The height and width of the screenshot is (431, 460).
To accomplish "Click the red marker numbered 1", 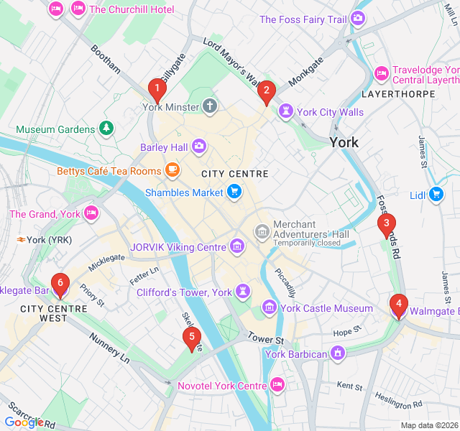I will (x=157, y=89).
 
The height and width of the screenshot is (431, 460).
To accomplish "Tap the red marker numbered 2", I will (x=267, y=91).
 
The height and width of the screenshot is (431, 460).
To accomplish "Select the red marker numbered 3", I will (x=387, y=223).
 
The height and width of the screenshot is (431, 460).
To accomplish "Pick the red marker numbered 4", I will (x=398, y=305).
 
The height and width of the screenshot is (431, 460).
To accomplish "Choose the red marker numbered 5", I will (x=191, y=337).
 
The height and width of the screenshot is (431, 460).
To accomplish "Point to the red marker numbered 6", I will (x=60, y=284).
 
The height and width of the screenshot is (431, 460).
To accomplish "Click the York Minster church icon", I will (x=209, y=107).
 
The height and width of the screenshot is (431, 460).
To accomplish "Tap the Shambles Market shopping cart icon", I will (x=234, y=192).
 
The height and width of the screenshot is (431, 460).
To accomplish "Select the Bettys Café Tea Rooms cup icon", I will (x=172, y=171).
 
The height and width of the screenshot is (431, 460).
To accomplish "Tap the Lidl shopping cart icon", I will (x=436, y=193).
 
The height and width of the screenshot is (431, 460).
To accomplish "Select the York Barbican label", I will (x=296, y=353).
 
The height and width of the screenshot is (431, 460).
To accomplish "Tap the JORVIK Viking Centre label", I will (x=178, y=247).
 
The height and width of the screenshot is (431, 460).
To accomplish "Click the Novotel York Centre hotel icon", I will (x=277, y=386).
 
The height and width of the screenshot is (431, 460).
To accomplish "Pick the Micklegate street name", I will (x=101, y=264).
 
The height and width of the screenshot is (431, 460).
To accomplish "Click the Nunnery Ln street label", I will (x=109, y=346).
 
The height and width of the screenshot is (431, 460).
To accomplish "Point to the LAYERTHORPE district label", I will (x=398, y=94).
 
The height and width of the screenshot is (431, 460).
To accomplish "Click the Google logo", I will (x=24, y=422).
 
